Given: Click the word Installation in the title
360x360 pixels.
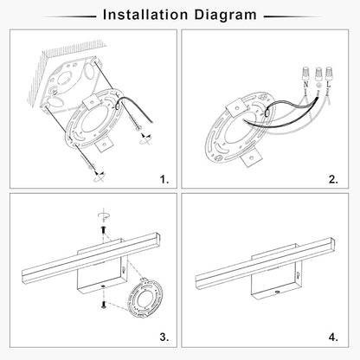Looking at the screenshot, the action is coord(145,15).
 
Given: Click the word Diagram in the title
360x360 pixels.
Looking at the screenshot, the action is coord(225,16).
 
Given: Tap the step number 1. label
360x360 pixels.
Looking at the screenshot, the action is coord(164,180).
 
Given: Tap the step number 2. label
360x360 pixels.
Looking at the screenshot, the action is coord(333,180).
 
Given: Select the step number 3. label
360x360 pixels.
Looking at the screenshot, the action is coord(164,337).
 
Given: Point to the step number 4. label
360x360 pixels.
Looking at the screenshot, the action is coord(333,337).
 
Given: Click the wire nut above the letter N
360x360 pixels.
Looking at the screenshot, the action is coord(305,74).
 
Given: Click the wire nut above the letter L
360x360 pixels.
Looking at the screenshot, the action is coord(329,74).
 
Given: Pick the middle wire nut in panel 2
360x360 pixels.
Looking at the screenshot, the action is coord(318,74).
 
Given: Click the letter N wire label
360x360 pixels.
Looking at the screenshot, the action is coord(306,85).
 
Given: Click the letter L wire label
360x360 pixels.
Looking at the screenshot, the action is coord(328,85).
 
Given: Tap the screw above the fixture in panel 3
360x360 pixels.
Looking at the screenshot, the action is coord(103,230).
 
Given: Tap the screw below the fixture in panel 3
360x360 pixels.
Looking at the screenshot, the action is coord(103,305).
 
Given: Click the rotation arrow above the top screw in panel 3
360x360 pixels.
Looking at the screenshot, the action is coord(104,215).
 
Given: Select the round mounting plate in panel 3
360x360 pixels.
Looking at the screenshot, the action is coord(145,298).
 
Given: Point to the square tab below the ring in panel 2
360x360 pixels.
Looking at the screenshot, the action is coord(251,158).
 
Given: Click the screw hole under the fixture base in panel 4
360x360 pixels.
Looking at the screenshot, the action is coord(277,292).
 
